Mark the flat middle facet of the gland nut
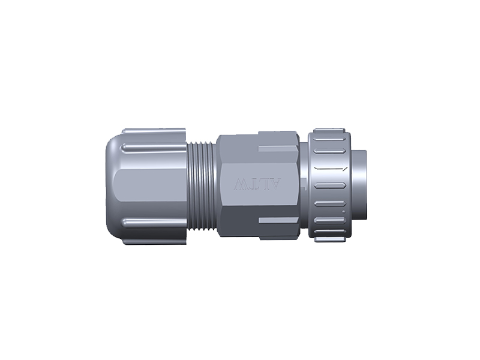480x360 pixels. pos(150,186)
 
